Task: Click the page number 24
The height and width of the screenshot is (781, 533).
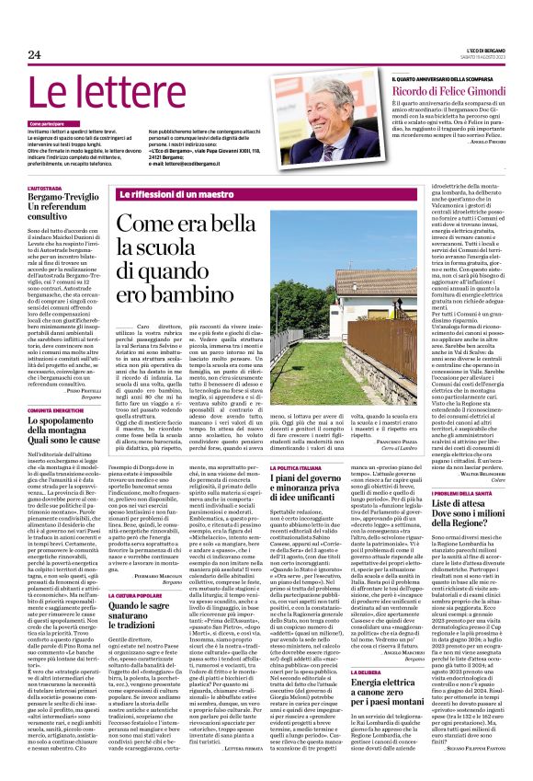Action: point(35,55)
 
